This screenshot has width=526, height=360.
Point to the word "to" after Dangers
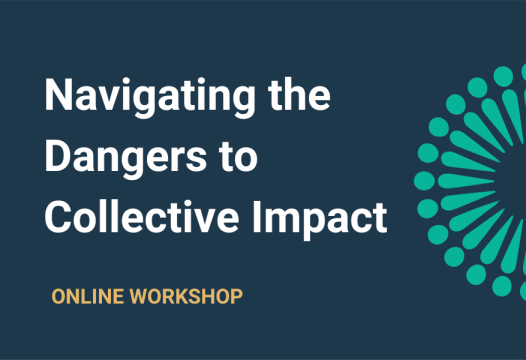pyautogui.click(x=238, y=157)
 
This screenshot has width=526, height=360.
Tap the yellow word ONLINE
pyautogui.click(x=88, y=297)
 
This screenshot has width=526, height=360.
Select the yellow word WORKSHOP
pyautogui.click(x=184, y=297)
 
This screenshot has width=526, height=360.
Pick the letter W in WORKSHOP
pyautogui.click(x=137, y=297)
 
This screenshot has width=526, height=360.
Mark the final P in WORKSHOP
pyautogui.click(x=236, y=297)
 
